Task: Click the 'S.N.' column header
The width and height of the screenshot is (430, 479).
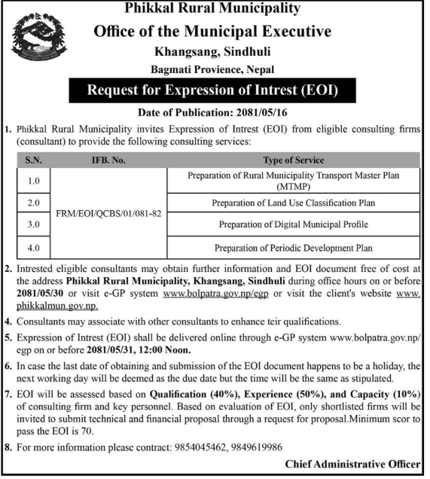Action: click(x=32, y=160)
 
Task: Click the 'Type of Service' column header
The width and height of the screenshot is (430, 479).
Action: click(x=294, y=160)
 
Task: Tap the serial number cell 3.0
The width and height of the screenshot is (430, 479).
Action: click(x=32, y=224)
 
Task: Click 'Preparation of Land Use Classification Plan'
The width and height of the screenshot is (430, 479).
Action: click(x=294, y=203)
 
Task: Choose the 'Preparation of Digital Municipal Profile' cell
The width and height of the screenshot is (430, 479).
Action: click(x=294, y=224)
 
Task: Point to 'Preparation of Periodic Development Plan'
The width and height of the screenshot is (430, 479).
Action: click(x=294, y=247)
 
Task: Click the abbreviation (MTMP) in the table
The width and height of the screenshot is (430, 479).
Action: click(x=294, y=185)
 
